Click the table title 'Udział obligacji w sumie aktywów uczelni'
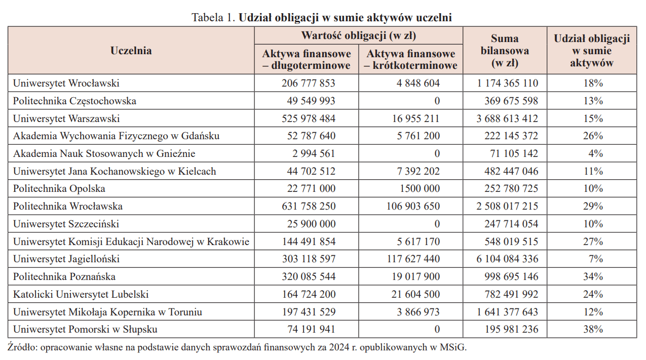(345, 18)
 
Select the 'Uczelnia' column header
(131, 50)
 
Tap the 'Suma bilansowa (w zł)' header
(505, 51)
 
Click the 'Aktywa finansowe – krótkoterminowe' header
(410, 60)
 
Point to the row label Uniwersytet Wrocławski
(66, 83)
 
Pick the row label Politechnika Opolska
(59, 189)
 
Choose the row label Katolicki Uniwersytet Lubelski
(81, 294)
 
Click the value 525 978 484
(309, 118)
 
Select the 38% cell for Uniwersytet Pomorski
(593, 330)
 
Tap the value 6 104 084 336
(507, 259)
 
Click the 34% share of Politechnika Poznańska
(593, 277)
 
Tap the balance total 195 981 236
(511, 330)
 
